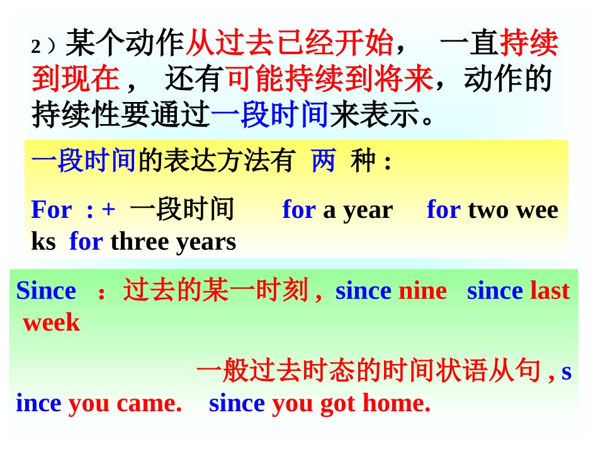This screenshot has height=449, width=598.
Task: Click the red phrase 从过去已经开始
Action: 289,45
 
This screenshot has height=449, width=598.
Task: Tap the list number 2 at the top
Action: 36,47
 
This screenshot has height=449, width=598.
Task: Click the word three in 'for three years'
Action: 138,241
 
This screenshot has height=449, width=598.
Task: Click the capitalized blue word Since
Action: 46,291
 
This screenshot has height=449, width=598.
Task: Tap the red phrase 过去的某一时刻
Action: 215,291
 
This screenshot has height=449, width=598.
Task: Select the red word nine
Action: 423,291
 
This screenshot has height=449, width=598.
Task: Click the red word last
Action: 550,291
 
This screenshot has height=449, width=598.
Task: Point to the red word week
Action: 52,323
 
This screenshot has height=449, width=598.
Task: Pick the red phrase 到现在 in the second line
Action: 76,80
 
